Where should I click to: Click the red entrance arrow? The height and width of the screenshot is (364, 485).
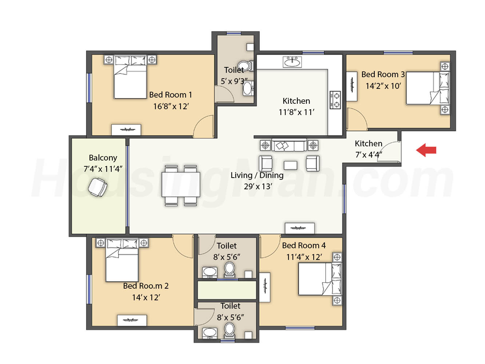(x=426, y=150)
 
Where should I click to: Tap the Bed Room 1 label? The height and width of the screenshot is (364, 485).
(x=170, y=95)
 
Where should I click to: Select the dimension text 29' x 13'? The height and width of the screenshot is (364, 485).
(x=258, y=186)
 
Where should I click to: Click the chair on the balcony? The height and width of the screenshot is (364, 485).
(x=98, y=187)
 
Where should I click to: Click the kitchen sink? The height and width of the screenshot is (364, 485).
(x=292, y=62)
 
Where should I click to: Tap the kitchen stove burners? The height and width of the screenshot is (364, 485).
(x=335, y=100)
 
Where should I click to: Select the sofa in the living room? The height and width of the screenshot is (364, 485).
(x=289, y=145)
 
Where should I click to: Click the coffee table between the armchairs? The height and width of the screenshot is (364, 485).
(x=290, y=165)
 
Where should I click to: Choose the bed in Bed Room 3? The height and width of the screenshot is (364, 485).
(x=428, y=88)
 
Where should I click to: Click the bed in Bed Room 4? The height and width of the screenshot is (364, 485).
(x=320, y=279)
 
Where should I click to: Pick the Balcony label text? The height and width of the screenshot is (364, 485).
(x=103, y=158)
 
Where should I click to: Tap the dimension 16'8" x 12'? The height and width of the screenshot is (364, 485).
(x=171, y=107)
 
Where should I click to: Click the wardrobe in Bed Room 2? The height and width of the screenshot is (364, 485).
(x=132, y=320)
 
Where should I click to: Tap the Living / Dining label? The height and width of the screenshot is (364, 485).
(x=257, y=175)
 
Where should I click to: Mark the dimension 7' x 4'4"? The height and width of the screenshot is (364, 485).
(x=369, y=155)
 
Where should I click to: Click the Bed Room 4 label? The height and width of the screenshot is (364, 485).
(x=304, y=246)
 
